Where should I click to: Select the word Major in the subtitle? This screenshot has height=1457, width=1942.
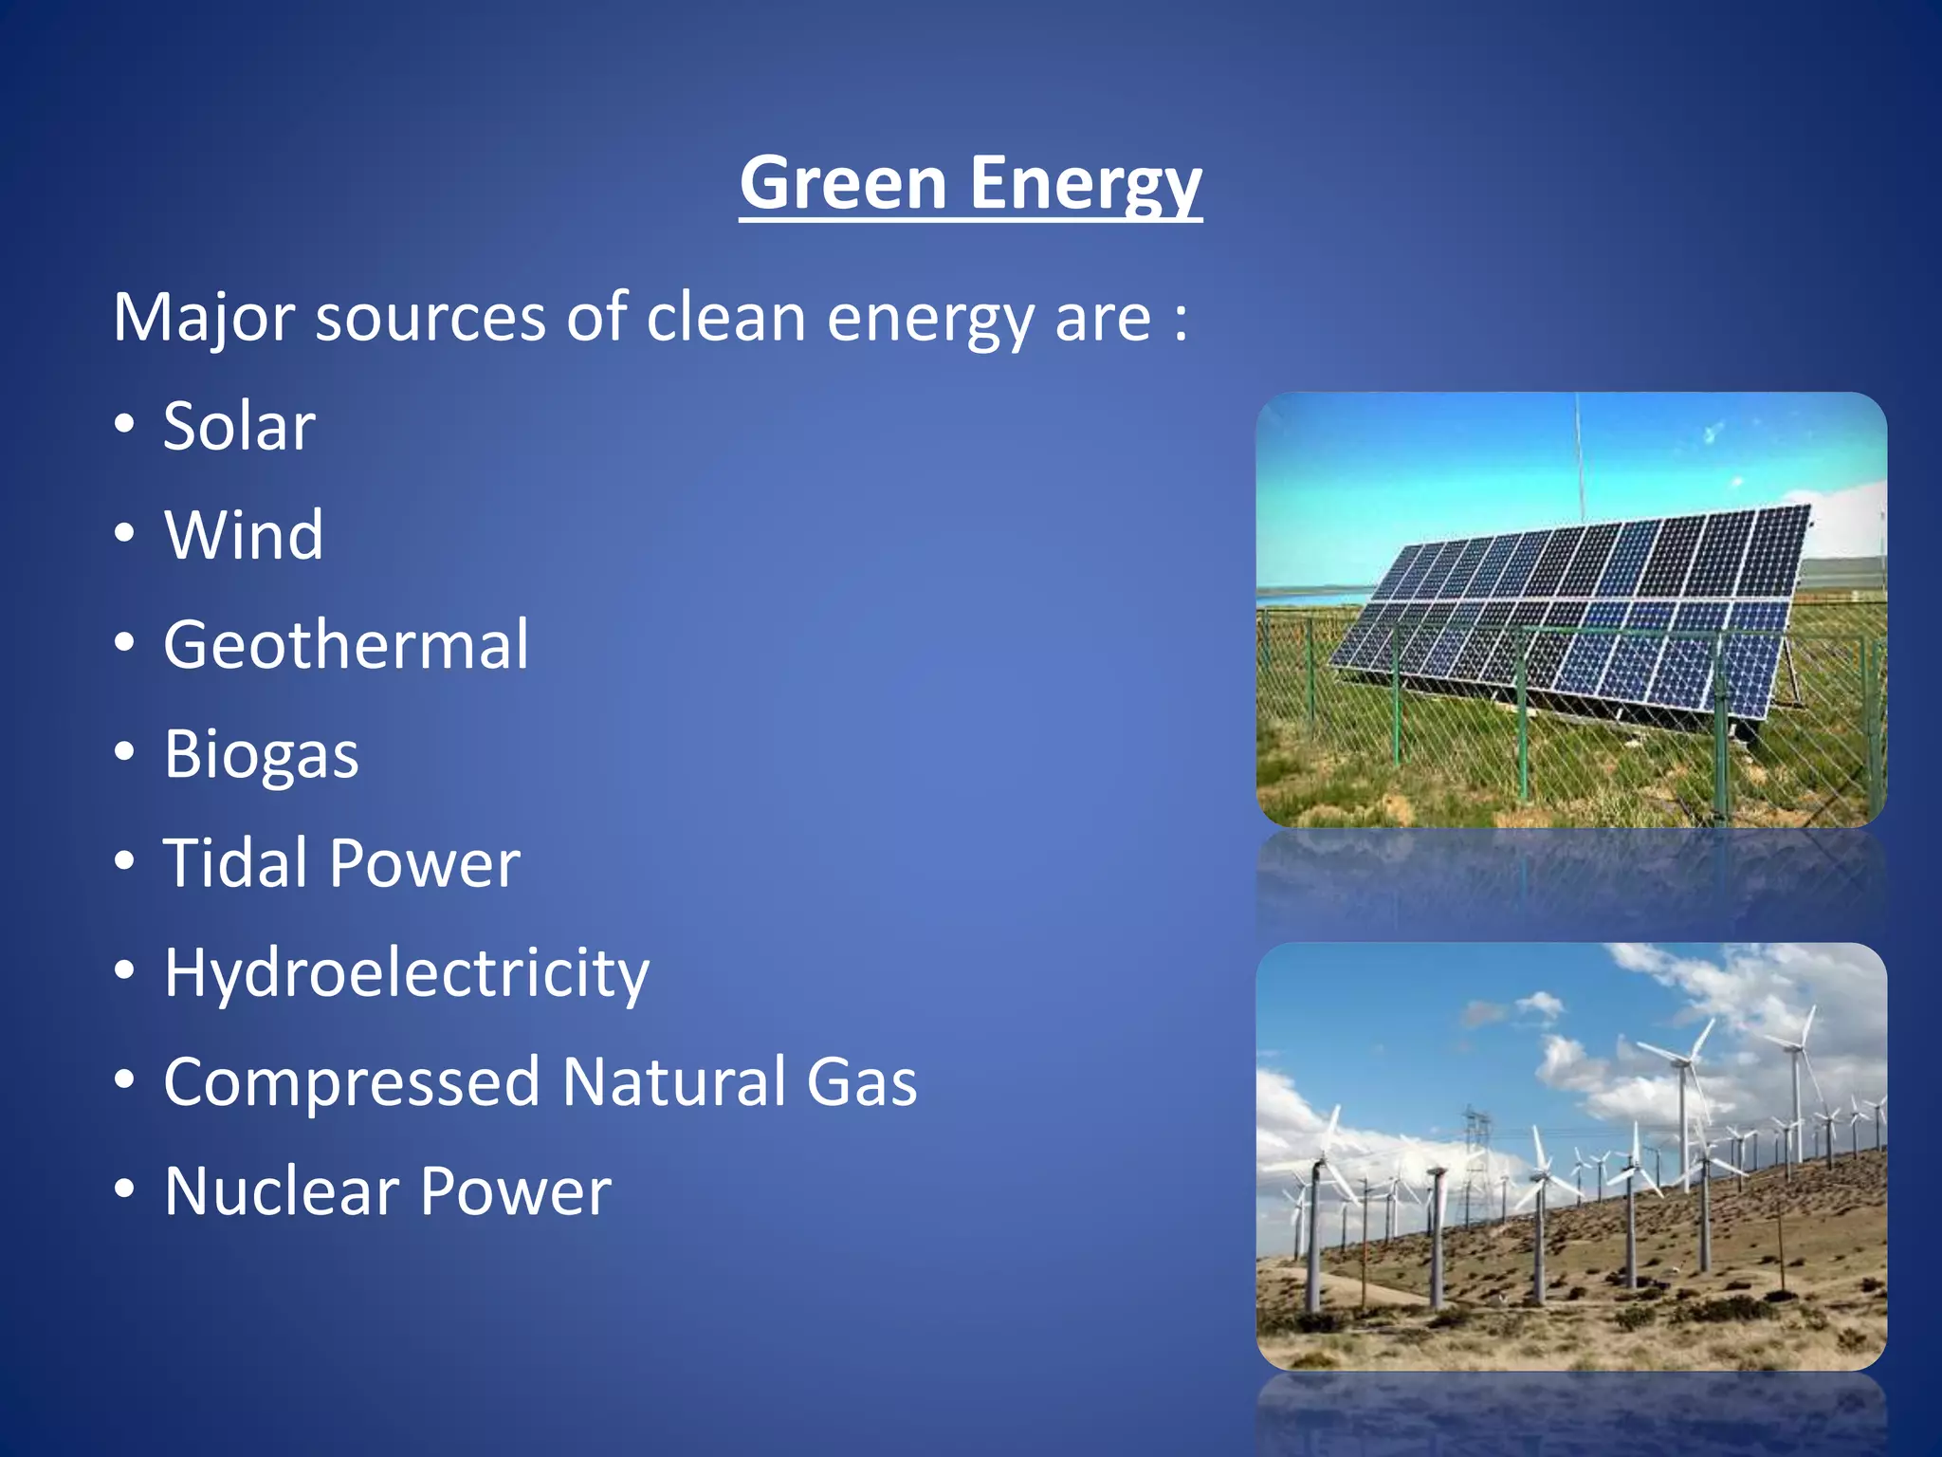pyautogui.click(x=203, y=318)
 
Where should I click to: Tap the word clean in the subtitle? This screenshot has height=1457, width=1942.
pyautogui.click(x=725, y=318)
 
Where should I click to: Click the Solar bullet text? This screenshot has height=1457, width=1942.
pyautogui.click(x=239, y=426)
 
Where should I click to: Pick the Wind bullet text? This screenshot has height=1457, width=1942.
pyautogui.click(x=244, y=535)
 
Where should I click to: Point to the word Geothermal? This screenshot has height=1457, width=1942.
pyautogui.click(x=346, y=645)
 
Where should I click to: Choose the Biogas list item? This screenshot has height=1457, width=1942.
pyautogui.click(x=262, y=755)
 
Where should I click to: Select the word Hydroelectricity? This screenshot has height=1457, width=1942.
pyautogui.click(x=407, y=973)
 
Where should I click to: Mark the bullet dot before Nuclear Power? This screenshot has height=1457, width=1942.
pyautogui.click(x=124, y=1190)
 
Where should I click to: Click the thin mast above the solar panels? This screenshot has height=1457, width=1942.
pyautogui.click(x=1579, y=455)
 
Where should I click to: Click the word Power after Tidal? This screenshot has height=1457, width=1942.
pyautogui.click(x=425, y=863)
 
